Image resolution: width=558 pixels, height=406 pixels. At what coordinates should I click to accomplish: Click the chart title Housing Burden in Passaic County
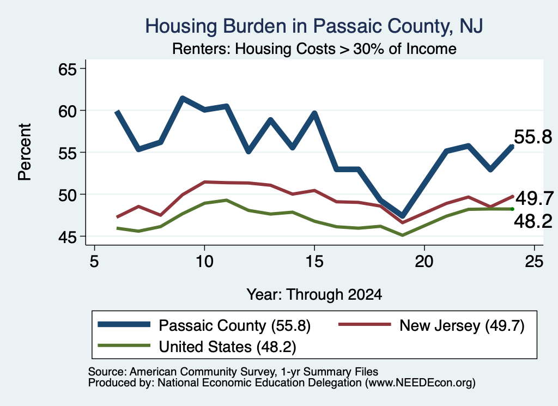[x=314, y=26]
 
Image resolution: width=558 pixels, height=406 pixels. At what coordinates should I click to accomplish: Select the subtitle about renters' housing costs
[x=314, y=49]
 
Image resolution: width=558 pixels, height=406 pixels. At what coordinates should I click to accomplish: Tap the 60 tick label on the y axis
[x=68, y=111]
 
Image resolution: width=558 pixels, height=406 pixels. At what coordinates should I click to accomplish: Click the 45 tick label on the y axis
[x=68, y=237]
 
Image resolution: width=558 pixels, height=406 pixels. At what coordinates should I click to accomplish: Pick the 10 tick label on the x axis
[x=204, y=262]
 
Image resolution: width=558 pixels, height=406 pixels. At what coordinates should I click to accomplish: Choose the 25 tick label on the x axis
[x=534, y=262]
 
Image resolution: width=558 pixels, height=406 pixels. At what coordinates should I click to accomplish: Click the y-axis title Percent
[x=25, y=152]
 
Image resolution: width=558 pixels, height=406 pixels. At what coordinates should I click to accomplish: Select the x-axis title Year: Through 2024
[x=314, y=295]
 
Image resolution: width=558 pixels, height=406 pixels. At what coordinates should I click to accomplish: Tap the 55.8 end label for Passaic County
[x=533, y=137]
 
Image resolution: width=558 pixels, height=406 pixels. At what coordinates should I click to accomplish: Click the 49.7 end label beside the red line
[x=535, y=198]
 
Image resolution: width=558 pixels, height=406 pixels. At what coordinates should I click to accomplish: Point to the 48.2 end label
[x=533, y=221]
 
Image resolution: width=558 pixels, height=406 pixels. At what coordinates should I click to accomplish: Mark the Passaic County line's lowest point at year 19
[x=403, y=216]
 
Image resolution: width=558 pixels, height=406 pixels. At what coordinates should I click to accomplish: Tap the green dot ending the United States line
[x=512, y=209]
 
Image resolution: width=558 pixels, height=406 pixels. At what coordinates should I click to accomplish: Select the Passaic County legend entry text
[x=234, y=325]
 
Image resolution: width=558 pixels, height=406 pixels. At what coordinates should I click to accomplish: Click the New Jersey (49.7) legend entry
[x=462, y=325]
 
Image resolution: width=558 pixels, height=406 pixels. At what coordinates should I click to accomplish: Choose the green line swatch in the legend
[x=124, y=346]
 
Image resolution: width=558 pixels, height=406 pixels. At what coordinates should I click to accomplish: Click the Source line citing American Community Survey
[x=233, y=372]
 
